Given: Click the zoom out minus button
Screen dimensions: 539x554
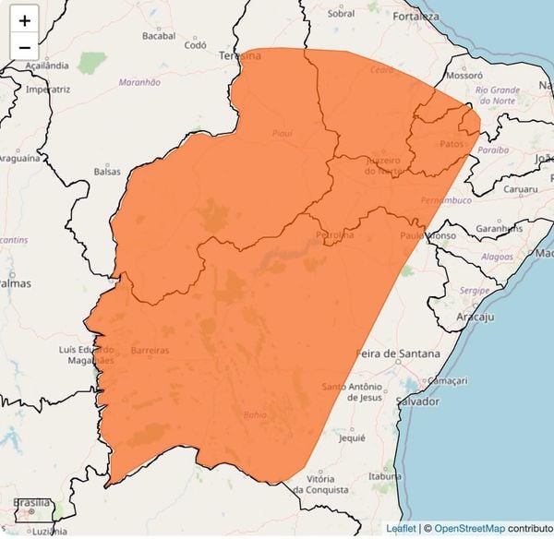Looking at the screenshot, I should click(24, 46).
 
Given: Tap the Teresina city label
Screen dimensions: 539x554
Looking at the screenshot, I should click(238, 55).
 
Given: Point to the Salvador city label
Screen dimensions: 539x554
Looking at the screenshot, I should click(417, 402).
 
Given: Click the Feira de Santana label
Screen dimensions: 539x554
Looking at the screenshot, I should click(399, 353).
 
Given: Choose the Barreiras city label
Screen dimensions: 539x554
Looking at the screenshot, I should click(151, 352).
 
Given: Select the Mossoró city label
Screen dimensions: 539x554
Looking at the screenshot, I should click(464, 75).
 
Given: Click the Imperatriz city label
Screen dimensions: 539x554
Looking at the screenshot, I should click(48, 90).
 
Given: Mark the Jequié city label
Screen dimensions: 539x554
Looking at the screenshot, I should click(353, 439).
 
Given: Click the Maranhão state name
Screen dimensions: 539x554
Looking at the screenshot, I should click(139, 82).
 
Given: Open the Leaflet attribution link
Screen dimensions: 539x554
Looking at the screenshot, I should click(401, 529).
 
